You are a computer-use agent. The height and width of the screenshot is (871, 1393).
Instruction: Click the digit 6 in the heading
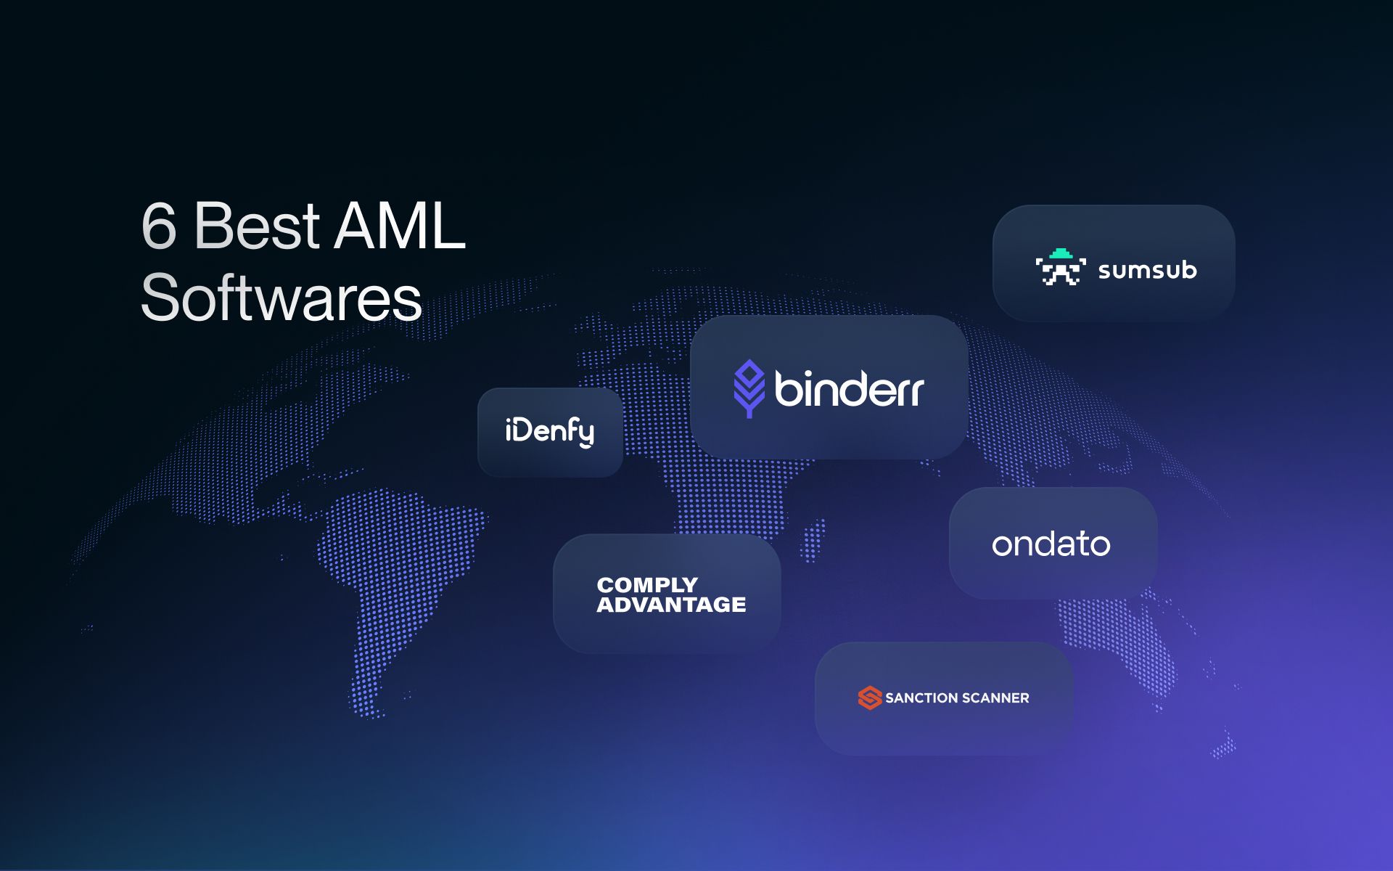tap(159, 226)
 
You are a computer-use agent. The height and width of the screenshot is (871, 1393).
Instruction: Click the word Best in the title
tap(257, 226)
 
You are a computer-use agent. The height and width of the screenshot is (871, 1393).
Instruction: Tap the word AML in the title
tap(400, 226)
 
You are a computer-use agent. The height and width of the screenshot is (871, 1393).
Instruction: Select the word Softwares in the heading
tap(282, 298)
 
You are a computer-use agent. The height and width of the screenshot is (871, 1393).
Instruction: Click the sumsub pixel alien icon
tap(1061, 267)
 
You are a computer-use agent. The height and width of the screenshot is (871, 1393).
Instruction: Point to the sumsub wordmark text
tap(1147, 270)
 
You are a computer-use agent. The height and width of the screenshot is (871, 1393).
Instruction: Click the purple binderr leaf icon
tap(749, 388)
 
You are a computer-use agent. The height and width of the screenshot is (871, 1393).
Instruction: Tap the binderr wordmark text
tap(849, 389)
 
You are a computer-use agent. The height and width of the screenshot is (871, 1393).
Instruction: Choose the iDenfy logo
tap(549, 431)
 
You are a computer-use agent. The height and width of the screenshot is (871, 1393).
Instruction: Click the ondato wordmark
tap(1051, 544)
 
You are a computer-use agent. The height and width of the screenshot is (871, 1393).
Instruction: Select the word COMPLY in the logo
tap(647, 585)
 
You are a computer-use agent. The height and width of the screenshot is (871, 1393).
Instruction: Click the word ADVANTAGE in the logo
tap(671, 605)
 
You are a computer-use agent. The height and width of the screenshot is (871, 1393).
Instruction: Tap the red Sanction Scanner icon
tap(869, 698)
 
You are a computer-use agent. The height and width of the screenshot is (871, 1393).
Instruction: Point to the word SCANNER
tap(996, 698)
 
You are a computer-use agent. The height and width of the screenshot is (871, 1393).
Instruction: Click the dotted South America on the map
tap(392, 573)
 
